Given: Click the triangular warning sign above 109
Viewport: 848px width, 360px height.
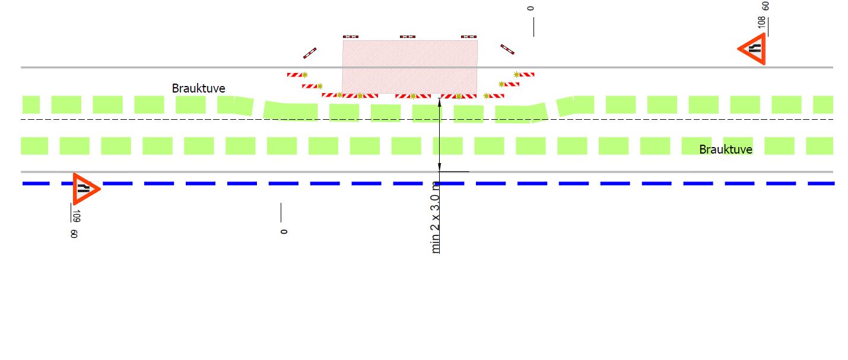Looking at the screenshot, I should click(85, 189).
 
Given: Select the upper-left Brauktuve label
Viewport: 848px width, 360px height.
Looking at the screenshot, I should click(198, 88).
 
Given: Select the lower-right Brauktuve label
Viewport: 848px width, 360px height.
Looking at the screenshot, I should click(725, 149).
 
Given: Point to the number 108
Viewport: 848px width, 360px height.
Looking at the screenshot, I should click(761, 23).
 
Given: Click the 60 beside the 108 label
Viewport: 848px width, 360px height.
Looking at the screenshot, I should click(766, 6).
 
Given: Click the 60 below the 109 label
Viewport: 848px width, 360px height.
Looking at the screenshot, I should click(74, 234).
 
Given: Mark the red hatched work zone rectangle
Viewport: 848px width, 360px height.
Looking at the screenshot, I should click(410, 66).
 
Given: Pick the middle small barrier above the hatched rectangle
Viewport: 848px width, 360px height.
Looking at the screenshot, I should click(407, 37).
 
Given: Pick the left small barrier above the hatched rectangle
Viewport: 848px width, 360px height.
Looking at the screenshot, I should click(351, 37).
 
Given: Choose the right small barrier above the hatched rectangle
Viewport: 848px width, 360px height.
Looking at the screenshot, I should click(469, 37).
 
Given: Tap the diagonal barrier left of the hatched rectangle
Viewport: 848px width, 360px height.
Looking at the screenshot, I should click(310, 53).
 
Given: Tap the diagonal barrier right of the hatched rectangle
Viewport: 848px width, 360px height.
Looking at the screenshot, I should click(507, 49).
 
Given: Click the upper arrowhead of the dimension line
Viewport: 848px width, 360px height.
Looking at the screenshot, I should click(439, 101).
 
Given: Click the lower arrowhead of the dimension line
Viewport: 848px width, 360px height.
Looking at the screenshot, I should click(439, 167).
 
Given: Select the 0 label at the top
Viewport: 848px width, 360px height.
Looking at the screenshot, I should click(531, 8).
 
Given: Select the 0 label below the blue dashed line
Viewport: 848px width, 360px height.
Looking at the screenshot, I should click(284, 231).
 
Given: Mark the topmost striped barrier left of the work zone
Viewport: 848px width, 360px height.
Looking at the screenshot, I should click(297, 75).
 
